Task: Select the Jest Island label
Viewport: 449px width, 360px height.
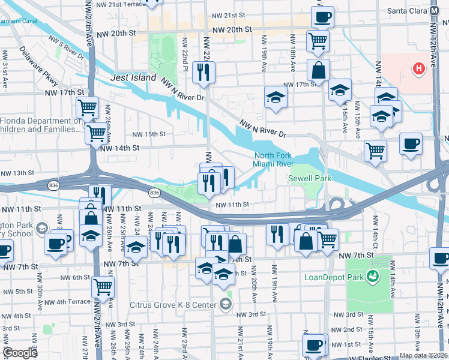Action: (x=133, y=78)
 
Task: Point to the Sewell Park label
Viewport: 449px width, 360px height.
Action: (x=310, y=178)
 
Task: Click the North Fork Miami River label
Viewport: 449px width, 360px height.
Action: (x=273, y=160)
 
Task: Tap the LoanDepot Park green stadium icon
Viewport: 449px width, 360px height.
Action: (x=373, y=276)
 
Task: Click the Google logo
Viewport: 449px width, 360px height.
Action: (x=20, y=353)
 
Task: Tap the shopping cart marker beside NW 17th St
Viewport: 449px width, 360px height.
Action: (x=87, y=108)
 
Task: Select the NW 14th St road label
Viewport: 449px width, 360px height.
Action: (x=119, y=148)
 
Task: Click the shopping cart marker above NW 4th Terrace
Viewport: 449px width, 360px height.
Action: (x=103, y=287)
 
